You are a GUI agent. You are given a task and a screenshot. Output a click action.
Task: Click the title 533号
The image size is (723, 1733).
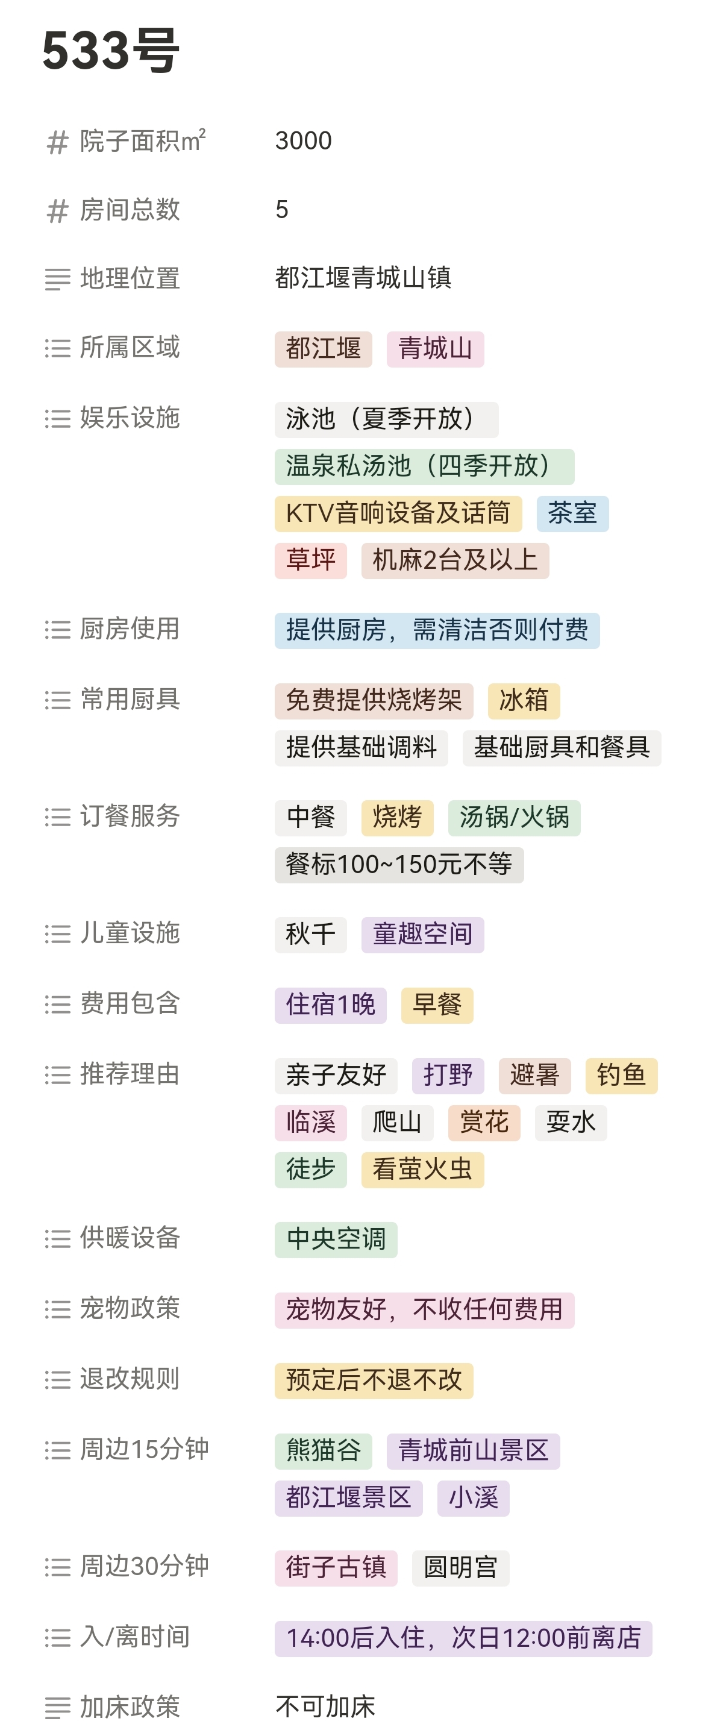(111, 51)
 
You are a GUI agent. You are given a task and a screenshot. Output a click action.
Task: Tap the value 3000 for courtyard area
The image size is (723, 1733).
(303, 140)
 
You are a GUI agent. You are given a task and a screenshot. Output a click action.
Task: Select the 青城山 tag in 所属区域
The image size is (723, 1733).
(435, 348)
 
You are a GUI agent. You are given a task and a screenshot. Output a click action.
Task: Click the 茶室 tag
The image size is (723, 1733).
(572, 513)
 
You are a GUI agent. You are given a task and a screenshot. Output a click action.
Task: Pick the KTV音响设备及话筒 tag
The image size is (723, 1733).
(398, 513)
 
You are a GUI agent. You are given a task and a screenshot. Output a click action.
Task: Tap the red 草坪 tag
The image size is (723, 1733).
(310, 560)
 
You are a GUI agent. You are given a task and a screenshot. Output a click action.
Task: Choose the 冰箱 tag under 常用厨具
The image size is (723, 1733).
(524, 700)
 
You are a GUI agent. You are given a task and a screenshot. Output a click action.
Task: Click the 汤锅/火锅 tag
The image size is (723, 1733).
(515, 817)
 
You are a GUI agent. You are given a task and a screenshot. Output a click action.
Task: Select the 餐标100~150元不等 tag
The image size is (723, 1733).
(399, 865)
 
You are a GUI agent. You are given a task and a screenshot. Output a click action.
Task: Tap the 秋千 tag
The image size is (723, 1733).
(310, 935)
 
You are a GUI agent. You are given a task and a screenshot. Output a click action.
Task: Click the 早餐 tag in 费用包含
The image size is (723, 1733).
(437, 1005)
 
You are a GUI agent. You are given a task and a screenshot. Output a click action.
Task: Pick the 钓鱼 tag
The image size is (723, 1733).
(621, 1075)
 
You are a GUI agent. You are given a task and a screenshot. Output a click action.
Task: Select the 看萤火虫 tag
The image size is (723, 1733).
(422, 1169)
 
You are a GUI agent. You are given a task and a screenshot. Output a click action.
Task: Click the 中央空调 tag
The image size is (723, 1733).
(336, 1239)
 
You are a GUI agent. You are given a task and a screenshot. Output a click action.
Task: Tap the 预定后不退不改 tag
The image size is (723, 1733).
(374, 1380)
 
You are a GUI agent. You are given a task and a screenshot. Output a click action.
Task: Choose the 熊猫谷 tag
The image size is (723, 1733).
(324, 1450)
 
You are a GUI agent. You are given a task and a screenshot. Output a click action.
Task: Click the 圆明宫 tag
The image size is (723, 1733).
(460, 1567)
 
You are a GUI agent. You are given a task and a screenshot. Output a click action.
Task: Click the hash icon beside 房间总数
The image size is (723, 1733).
(58, 210)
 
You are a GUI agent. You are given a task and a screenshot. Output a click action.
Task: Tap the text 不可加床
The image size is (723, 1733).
(325, 1706)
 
